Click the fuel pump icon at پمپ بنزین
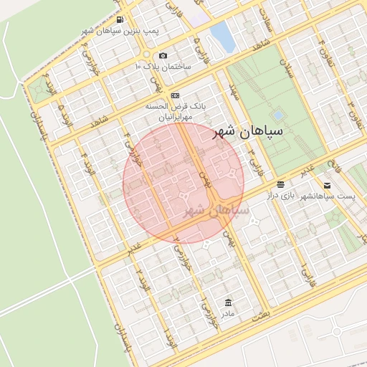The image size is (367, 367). [119, 19]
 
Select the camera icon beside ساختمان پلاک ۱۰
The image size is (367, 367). [163, 55]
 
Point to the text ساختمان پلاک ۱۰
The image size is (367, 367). [163, 66]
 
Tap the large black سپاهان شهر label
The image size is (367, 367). [247, 133]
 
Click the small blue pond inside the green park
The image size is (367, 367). [278, 115]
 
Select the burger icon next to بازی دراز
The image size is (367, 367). [280, 184]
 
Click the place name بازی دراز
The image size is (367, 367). [280, 195]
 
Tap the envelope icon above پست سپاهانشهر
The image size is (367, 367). [328, 186]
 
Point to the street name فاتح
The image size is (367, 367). [332, 168]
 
